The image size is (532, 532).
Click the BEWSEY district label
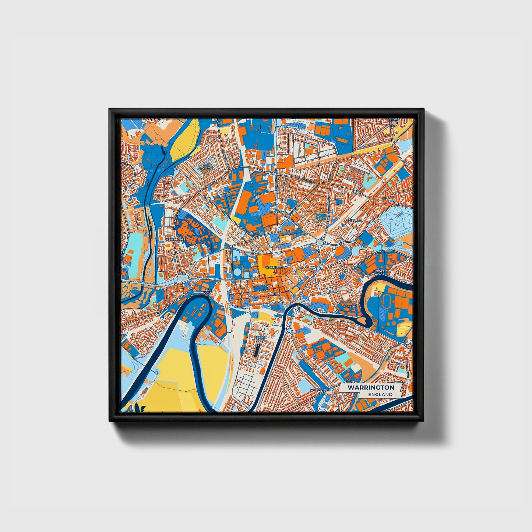(x=203, y=168)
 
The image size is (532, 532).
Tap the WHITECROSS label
(x=175, y=239)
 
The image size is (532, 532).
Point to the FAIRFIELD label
(x=354, y=220)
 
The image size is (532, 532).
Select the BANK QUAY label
(x=207, y=292)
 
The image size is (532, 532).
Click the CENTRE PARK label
(x=260, y=338)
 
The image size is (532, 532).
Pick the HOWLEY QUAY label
(x=379, y=272)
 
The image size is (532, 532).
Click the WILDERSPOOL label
(x=321, y=389)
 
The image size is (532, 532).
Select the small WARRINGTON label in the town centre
(x=275, y=267)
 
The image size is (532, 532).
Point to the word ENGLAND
(x=380, y=394)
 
